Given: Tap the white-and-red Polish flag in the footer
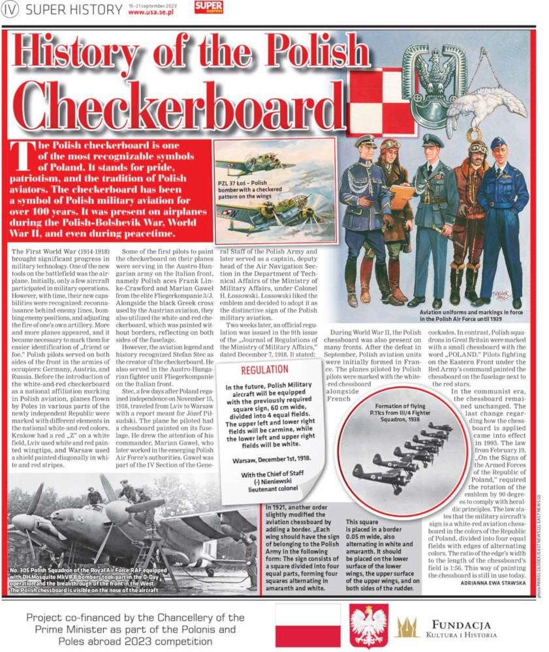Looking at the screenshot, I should [x=307, y=625].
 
